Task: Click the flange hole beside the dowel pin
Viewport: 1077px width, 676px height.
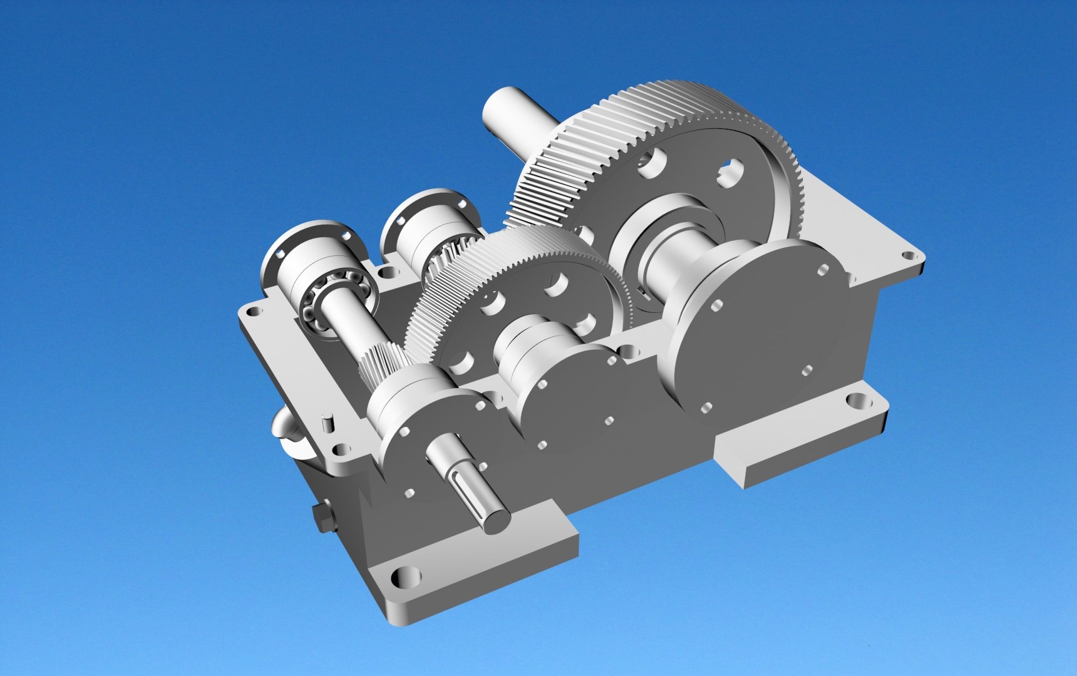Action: click(341, 449)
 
